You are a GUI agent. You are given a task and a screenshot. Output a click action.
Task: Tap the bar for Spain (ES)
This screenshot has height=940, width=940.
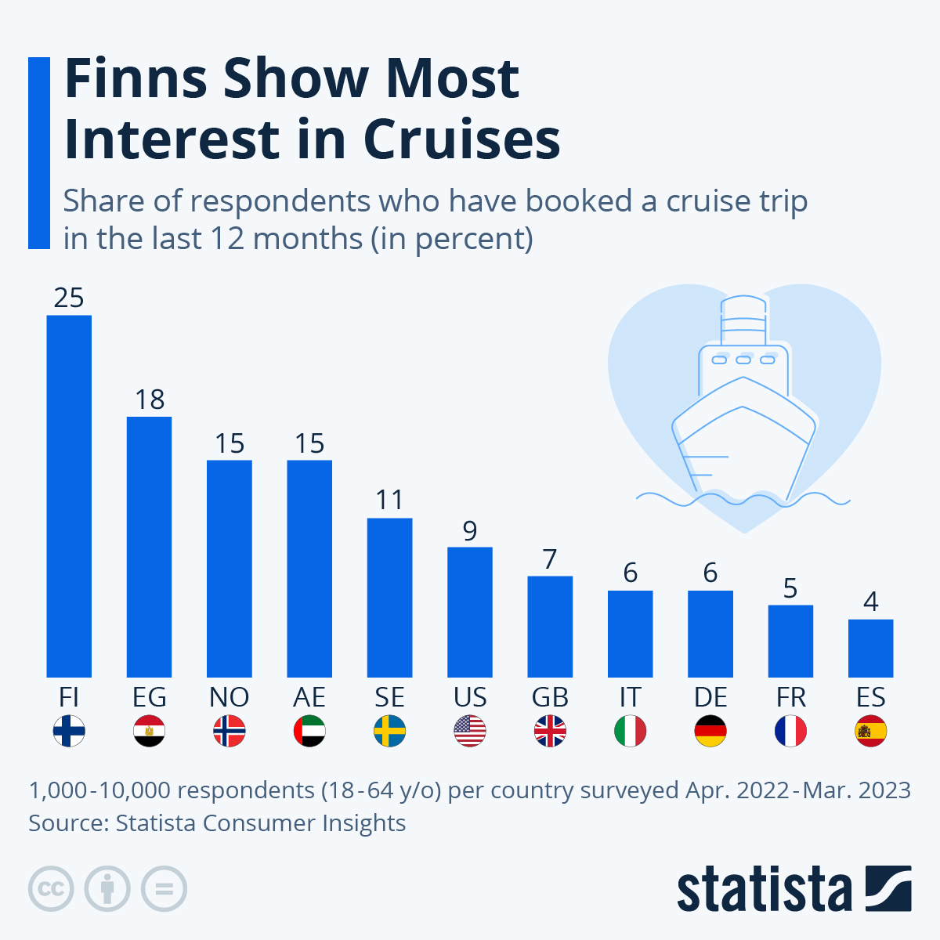coord(870,648)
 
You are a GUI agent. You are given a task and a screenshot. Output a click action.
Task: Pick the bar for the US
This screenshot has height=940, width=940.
coord(470,612)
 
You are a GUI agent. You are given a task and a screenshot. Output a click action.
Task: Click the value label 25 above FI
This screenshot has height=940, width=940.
coord(69,298)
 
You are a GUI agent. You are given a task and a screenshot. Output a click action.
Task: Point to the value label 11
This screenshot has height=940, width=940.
coord(389,500)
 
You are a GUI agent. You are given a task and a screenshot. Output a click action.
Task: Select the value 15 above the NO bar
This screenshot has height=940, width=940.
coord(230,443)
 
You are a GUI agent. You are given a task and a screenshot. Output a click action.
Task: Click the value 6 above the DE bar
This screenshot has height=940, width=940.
coord(710,573)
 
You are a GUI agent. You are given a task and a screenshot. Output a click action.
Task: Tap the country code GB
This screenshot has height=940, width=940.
coord(550,697)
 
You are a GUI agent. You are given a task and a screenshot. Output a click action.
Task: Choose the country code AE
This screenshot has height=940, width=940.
coord(309,697)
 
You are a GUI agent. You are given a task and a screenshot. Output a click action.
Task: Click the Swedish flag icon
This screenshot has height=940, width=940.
coord(389,732)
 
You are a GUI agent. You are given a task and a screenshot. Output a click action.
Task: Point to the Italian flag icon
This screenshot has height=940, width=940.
coord(630,732)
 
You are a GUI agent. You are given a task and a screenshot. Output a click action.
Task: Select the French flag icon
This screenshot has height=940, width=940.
coord(790,732)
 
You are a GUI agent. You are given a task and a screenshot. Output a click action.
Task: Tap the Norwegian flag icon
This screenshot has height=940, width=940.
coord(230,732)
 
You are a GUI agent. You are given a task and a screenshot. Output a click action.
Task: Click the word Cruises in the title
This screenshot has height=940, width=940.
coord(461,139)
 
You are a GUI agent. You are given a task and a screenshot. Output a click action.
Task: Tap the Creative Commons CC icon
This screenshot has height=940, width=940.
coord(51,889)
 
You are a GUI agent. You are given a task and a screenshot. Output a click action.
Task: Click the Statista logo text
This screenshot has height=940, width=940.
coord(764,890)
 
